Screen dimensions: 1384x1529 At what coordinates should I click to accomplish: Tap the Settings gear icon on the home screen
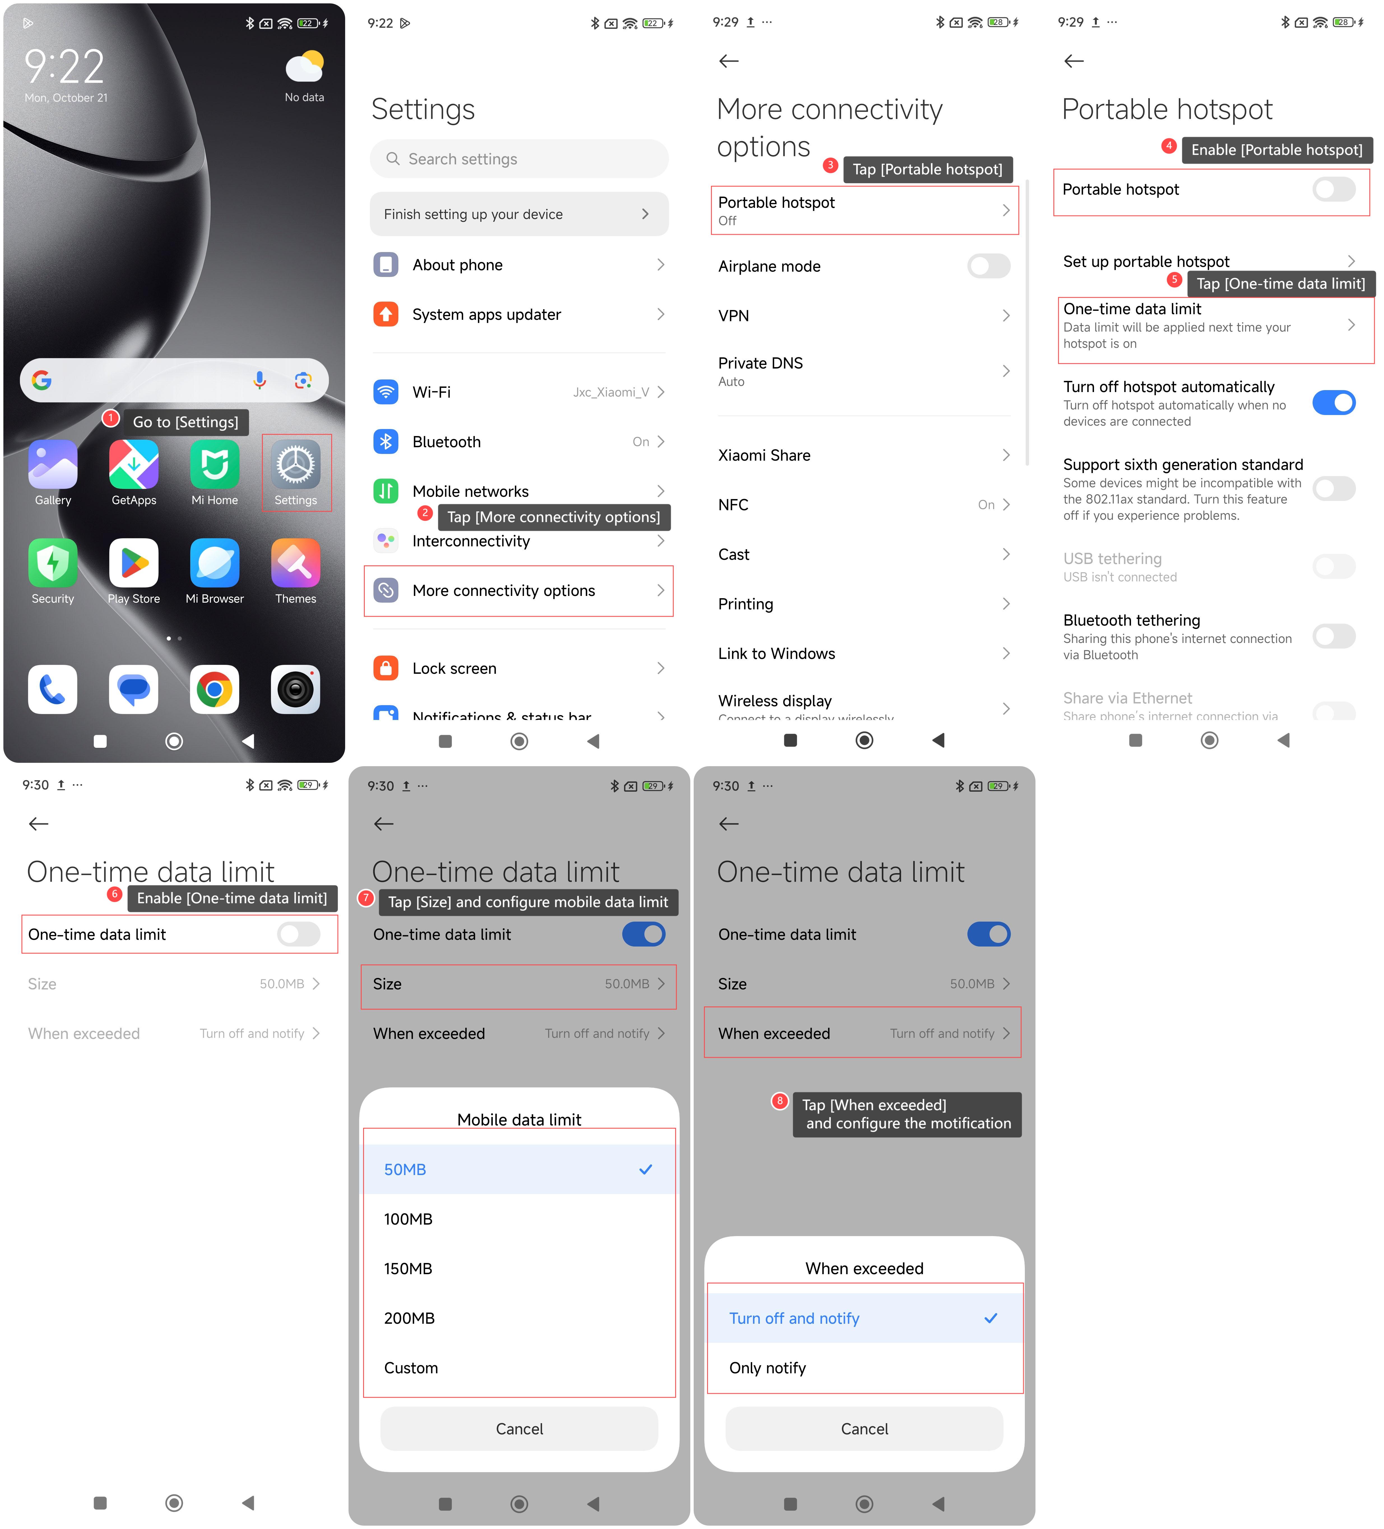pyautogui.click(x=295, y=464)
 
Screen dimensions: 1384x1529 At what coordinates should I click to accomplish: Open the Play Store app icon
pyautogui.click(x=134, y=563)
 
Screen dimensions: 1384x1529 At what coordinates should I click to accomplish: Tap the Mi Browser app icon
pyautogui.click(x=215, y=563)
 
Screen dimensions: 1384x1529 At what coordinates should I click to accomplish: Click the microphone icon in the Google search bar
pyautogui.click(x=259, y=380)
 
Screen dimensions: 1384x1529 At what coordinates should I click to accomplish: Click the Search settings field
pyautogui.click(x=519, y=159)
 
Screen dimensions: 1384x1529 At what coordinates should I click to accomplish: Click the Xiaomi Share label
pyautogui.click(x=764, y=455)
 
